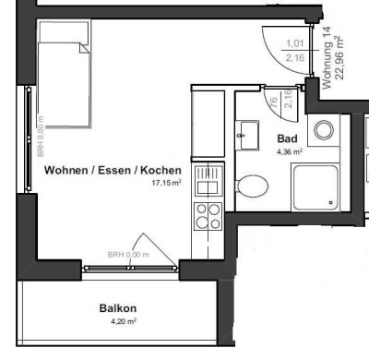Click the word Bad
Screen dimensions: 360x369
(x=286, y=138)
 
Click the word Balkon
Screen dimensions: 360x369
(x=117, y=308)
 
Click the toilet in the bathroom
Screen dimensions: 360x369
(x=249, y=187)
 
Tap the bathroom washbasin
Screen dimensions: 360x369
(x=247, y=134)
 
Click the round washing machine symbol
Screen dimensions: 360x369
(x=324, y=130)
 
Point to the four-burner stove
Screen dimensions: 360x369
(x=207, y=215)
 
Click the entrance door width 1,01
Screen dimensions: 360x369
(x=296, y=43)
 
